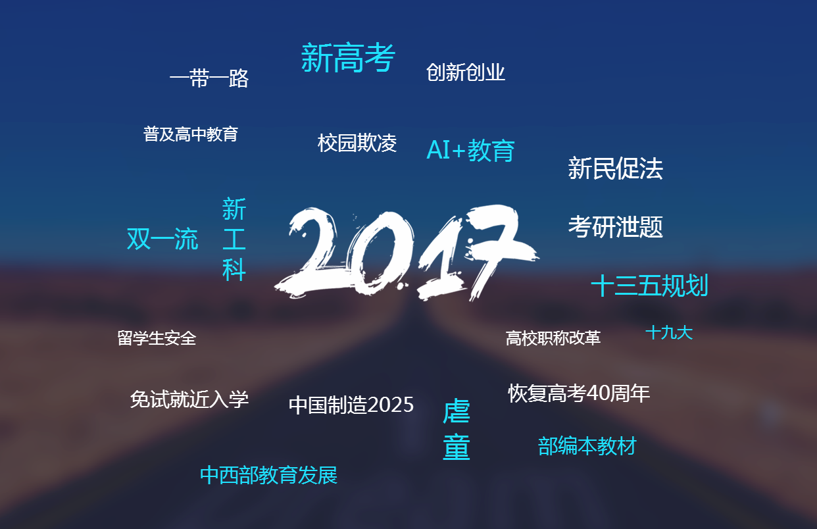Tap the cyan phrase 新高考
pyautogui.click(x=348, y=58)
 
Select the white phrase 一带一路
pyautogui.click(x=209, y=79)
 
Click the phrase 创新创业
pyautogui.click(x=465, y=72)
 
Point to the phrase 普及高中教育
pyautogui.click(x=190, y=134)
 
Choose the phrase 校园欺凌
pyautogui.click(x=357, y=143)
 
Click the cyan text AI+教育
pyautogui.click(x=470, y=151)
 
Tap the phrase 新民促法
pyautogui.click(x=615, y=168)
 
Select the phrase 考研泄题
pyautogui.click(x=615, y=227)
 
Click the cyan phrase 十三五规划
pyautogui.click(x=649, y=286)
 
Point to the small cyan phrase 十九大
pyautogui.click(x=669, y=332)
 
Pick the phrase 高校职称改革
pyautogui.click(x=553, y=338)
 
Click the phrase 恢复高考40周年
pyautogui.click(x=579, y=393)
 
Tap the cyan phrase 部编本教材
pyautogui.click(x=587, y=446)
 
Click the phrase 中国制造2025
pyautogui.click(x=351, y=405)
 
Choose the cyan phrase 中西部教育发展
pyautogui.click(x=268, y=475)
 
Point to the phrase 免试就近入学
pyautogui.click(x=189, y=399)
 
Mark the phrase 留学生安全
pyautogui.click(x=157, y=338)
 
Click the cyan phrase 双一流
pyautogui.click(x=162, y=239)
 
